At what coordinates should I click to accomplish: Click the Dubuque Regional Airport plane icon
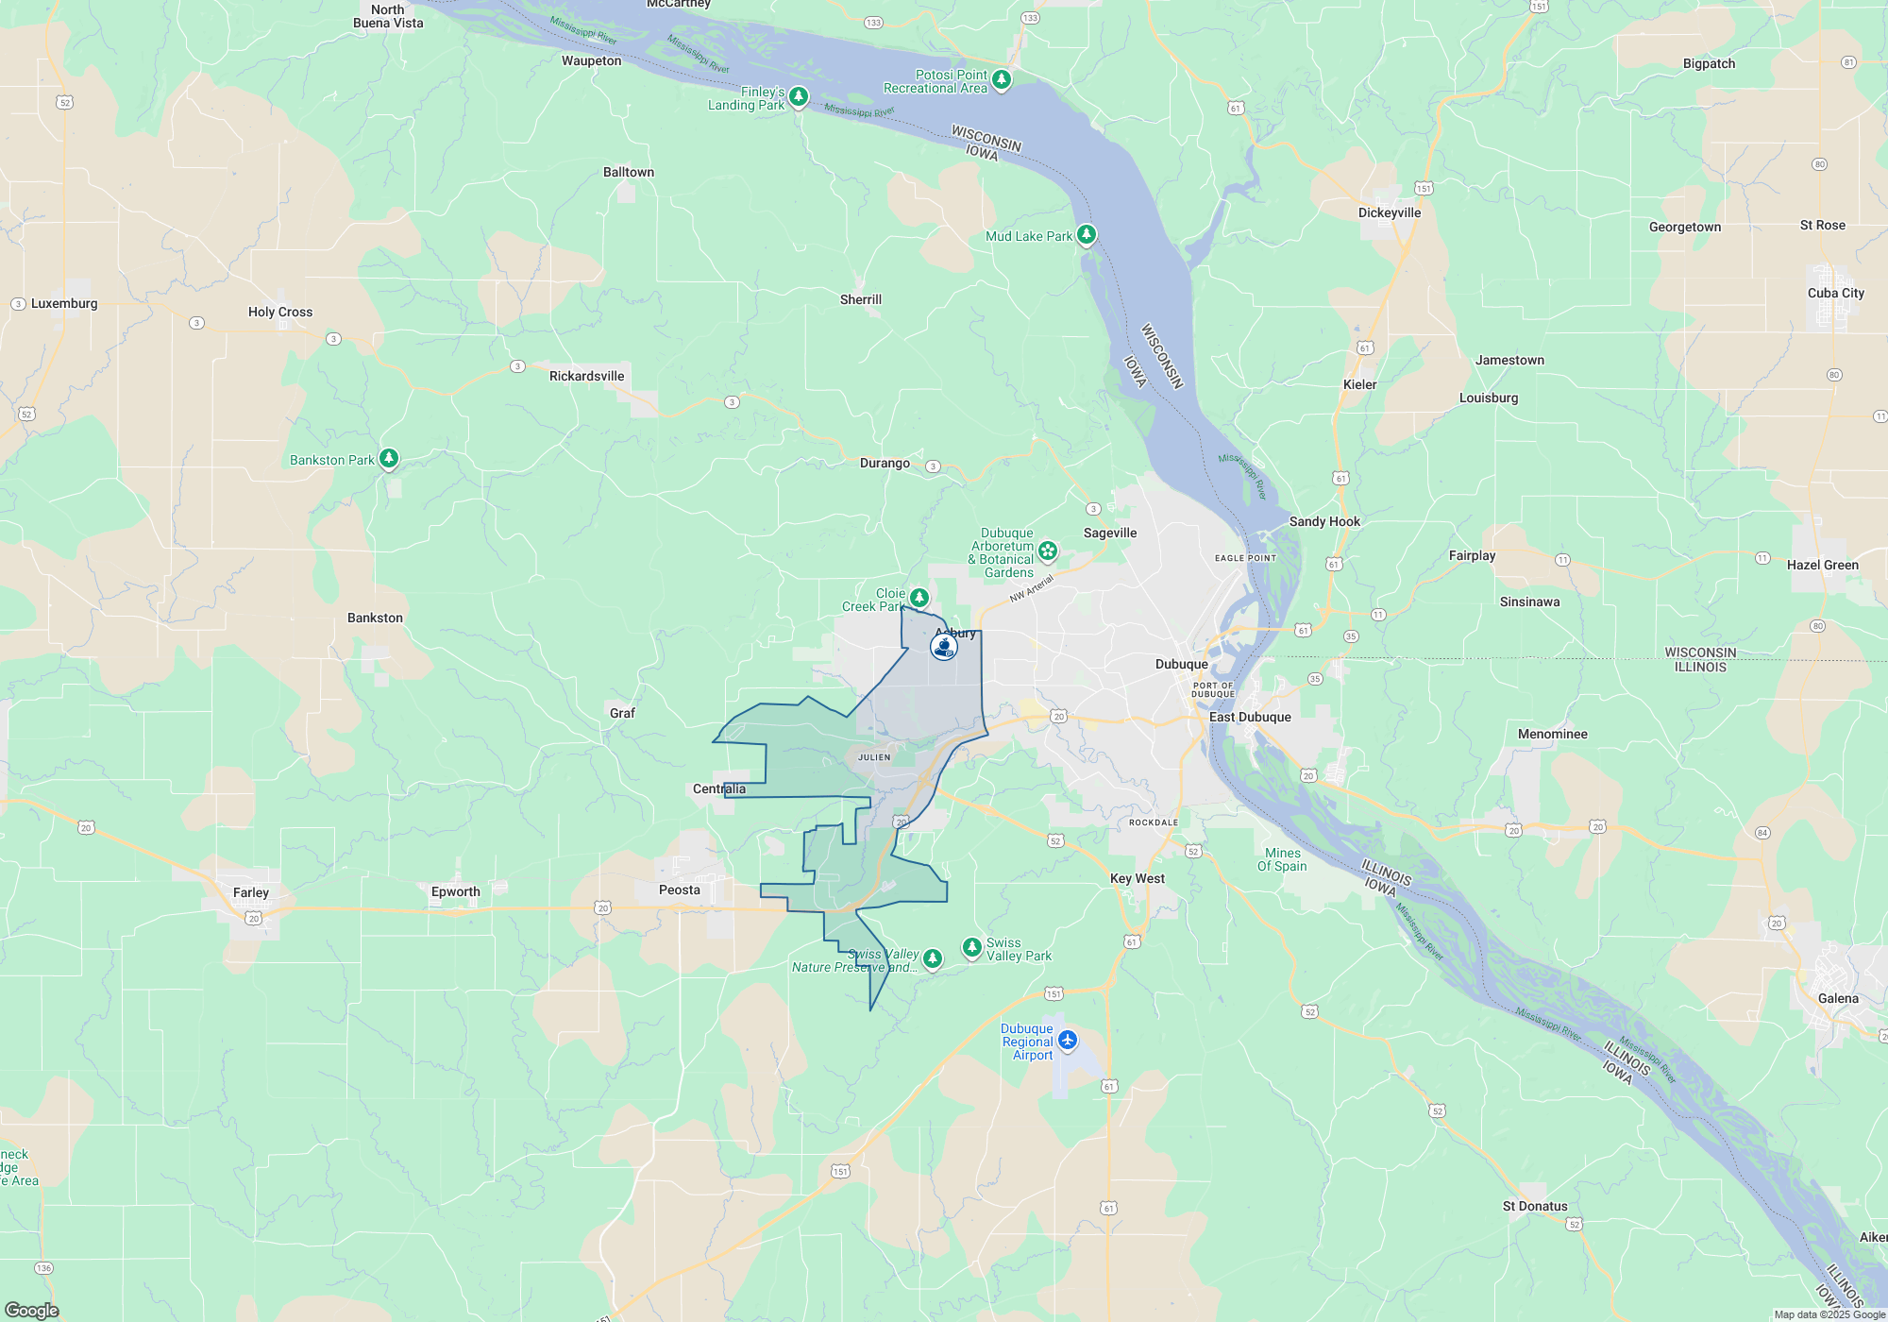[1068, 1040]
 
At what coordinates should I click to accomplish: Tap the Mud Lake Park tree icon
[1087, 234]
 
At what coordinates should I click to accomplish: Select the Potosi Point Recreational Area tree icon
[1002, 79]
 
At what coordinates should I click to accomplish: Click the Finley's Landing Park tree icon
[799, 96]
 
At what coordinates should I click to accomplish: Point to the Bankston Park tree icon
[388, 459]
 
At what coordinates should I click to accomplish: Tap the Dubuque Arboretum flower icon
[1048, 551]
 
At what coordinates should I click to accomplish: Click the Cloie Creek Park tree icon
[919, 598]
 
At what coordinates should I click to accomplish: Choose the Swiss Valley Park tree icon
[971, 946]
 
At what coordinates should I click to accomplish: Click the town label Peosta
[680, 890]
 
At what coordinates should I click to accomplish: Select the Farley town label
[251, 892]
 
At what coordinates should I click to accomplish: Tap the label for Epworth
[456, 891]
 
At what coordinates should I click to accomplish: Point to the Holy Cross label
[280, 312]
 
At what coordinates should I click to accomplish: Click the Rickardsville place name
[587, 376]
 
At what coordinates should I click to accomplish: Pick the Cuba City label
[1836, 293]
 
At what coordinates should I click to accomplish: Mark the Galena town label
[1838, 998]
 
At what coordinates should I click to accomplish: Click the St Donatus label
[1535, 1206]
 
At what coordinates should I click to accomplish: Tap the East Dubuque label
[1250, 717]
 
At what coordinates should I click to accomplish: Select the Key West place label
[1138, 878]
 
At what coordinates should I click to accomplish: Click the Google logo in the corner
[32, 1310]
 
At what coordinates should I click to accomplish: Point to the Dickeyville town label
[1390, 212]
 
